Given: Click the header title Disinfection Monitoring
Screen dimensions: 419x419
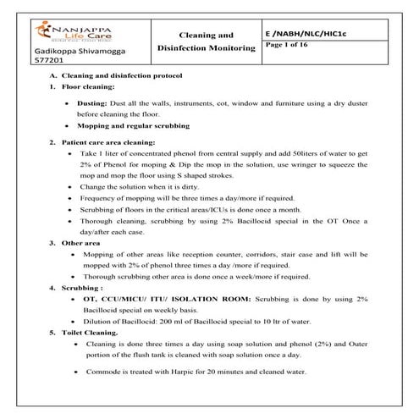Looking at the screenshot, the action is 207,49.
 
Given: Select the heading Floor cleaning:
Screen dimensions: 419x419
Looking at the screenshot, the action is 85,87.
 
